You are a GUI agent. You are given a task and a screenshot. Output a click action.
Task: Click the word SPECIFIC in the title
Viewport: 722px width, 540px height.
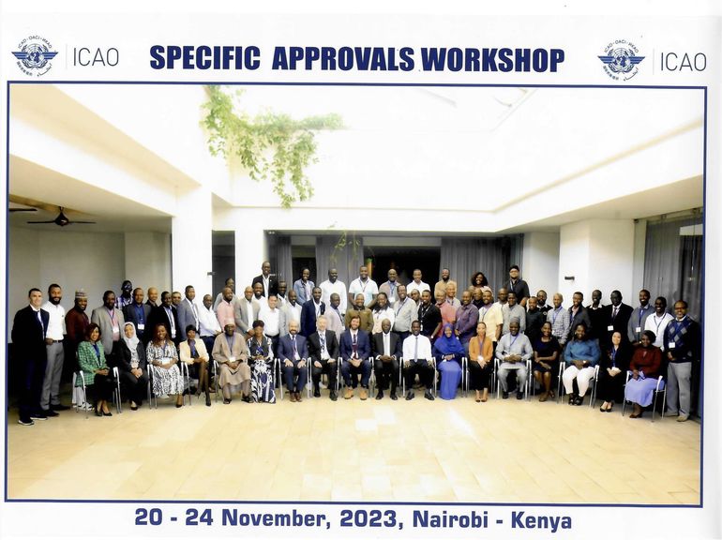pos(204,58)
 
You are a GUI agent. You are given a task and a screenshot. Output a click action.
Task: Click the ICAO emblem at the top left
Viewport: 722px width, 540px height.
pos(35,56)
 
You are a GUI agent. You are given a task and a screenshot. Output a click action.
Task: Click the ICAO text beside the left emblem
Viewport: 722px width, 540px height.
pos(96,57)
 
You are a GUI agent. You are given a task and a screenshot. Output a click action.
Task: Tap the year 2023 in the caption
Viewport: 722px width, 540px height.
pos(368,518)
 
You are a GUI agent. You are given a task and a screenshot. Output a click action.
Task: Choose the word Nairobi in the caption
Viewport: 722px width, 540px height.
pos(450,518)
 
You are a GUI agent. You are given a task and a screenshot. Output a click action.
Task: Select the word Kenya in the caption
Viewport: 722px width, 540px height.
pos(542,520)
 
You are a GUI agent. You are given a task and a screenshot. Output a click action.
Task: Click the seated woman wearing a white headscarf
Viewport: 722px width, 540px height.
pos(131,364)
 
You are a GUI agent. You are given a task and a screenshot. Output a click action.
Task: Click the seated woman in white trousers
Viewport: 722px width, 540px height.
pos(580,364)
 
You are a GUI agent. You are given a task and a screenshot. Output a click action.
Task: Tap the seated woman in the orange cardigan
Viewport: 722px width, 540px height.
pos(480,361)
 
